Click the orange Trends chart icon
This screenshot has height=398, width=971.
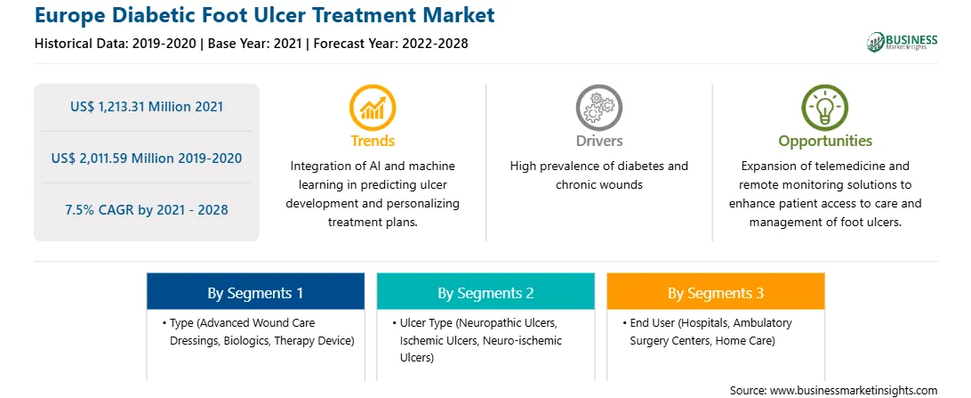pos(373,108)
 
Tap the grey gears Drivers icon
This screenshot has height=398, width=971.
pos(598,108)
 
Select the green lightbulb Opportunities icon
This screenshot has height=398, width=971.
pos(825,108)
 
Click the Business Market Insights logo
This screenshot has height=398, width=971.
pos(903,42)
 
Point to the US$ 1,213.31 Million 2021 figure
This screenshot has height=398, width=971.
pos(147,107)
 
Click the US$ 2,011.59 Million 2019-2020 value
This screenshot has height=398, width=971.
pos(147,158)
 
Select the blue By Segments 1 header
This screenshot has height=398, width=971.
pos(255,293)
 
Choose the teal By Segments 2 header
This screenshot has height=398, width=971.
pos(485,293)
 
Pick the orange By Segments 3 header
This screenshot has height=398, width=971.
pos(716,293)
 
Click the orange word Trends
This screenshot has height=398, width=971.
pos(373,141)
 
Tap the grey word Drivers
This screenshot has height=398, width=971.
pos(599,141)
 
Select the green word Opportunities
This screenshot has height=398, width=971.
pos(825,141)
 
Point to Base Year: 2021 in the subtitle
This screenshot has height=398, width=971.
pos(254,44)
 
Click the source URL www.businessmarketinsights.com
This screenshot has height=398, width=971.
pos(854,390)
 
